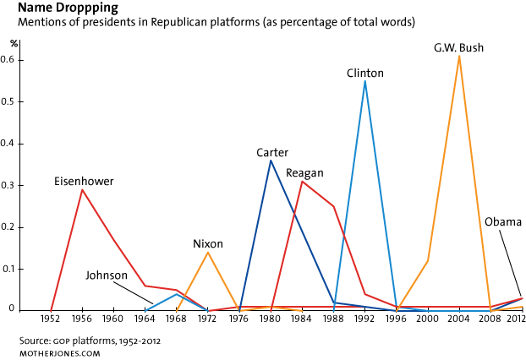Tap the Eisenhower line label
[84, 182]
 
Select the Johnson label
[106, 275]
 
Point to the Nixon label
[208, 243]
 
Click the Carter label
[272, 153]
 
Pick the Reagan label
[304, 173]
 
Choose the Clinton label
[365, 74]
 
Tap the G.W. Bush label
[458, 48]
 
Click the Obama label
[502, 221]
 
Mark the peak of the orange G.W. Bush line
[459, 56]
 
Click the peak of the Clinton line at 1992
[365, 81]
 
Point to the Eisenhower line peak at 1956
[82, 189]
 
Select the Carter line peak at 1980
[271, 161]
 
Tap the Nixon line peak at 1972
[208, 252]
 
